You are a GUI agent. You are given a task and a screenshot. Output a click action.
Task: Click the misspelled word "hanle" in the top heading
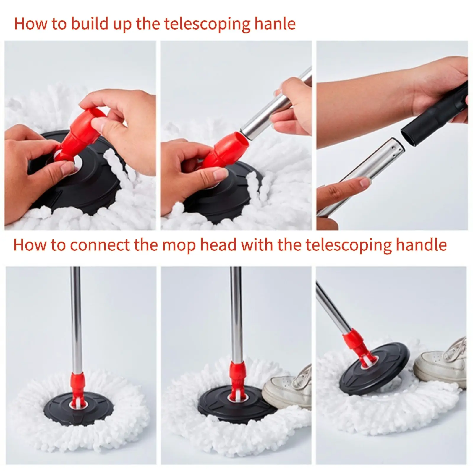275,24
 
